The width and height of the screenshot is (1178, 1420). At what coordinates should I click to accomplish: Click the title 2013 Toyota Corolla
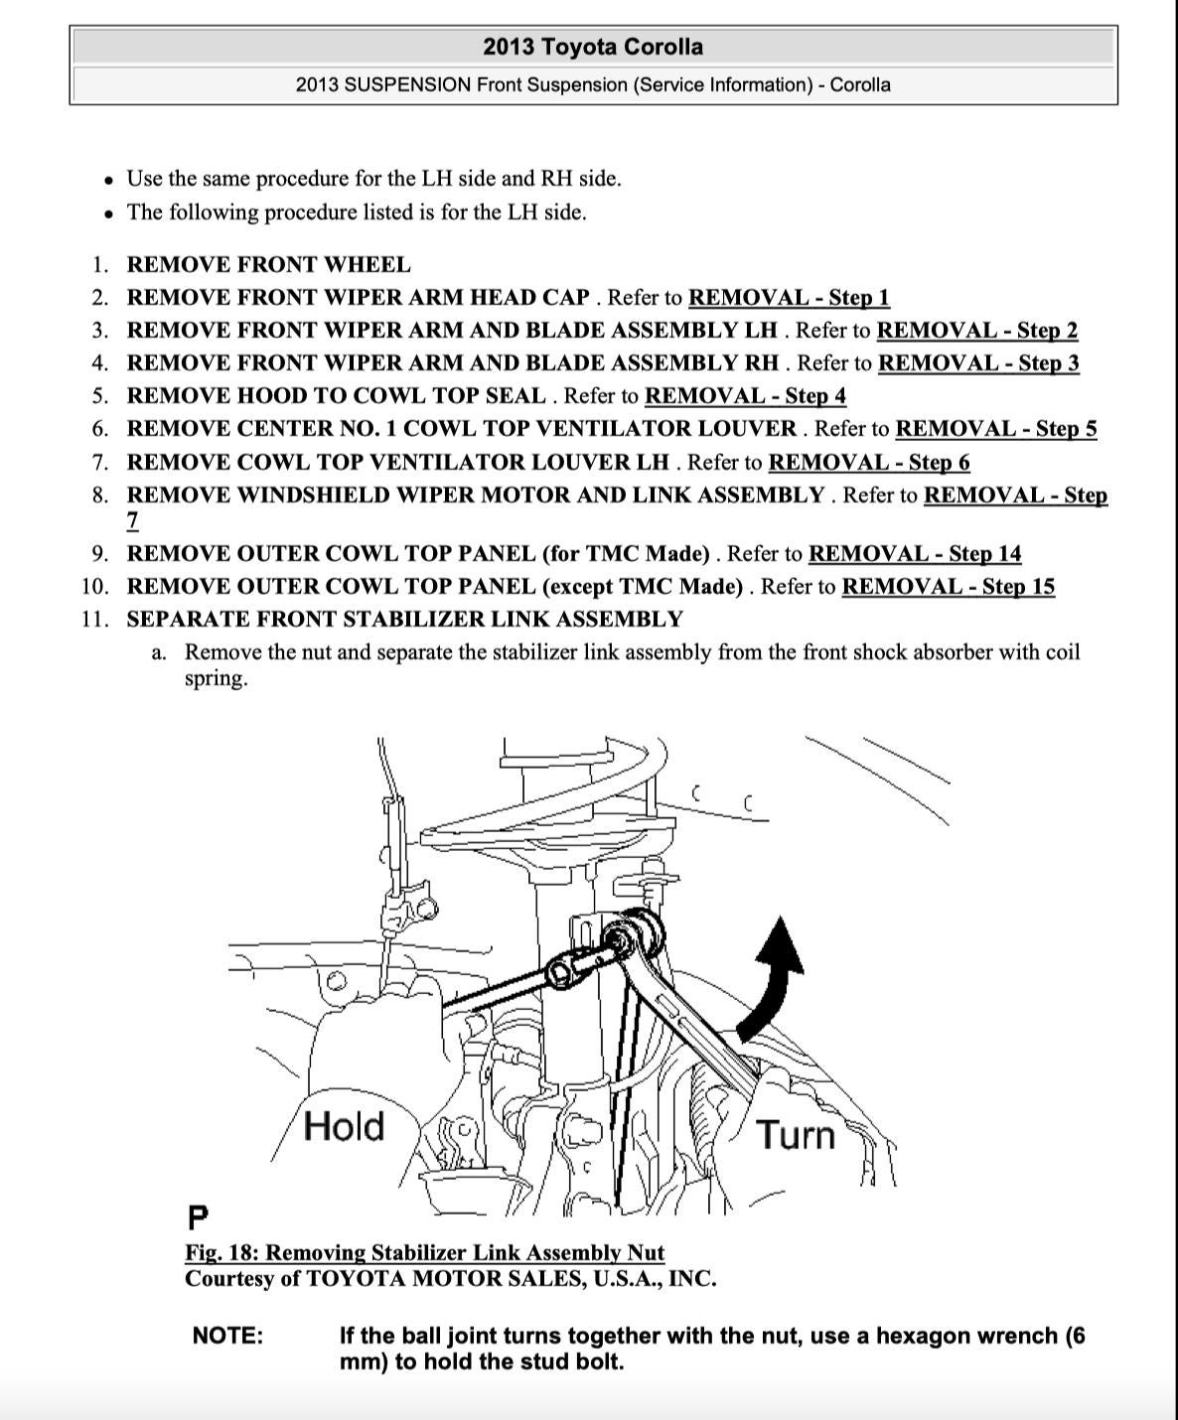point(593,47)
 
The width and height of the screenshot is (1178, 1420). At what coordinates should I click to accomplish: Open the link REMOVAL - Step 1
point(789,297)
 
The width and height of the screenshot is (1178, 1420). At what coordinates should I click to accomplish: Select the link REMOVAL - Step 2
point(976,330)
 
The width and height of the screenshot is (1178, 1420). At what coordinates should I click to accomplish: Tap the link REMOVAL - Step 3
point(978,362)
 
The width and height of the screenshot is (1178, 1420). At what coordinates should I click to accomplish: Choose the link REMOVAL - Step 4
point(745,395)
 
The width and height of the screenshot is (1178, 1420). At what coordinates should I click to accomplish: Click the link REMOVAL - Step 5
point(996,428)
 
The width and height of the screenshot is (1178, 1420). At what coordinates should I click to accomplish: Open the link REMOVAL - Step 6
point(869,462)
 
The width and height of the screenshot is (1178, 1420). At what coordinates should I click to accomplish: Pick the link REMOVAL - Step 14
point(914,553)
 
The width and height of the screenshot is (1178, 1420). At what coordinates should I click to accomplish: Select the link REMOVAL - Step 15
point(948,586)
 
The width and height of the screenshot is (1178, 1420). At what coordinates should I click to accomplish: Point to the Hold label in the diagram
point(344,1126)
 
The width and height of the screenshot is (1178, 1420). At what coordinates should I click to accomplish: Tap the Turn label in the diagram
point(796,1133)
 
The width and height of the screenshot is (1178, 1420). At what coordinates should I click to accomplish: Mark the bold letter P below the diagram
point(198,1216)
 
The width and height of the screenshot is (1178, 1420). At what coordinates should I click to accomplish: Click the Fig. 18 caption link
point(424,1252)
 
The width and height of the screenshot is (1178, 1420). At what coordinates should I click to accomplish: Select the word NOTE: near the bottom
point(228,1336)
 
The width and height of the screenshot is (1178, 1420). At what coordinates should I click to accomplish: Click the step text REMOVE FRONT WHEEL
point(268,264)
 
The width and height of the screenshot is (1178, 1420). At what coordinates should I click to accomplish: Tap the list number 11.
point(95,619)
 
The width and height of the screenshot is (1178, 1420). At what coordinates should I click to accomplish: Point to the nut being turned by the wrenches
point(621,938)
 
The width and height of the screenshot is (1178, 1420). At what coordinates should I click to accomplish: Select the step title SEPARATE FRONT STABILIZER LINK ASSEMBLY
point(404,619)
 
